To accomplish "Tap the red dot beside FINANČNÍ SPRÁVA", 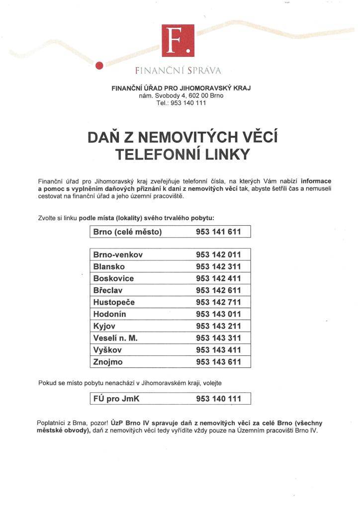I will [x=99, y=65].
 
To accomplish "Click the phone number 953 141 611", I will [x=219, y=232].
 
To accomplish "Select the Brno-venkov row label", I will [x=118, y=255].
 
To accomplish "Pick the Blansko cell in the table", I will [x=109, y=267].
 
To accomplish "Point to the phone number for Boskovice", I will [x=219, y=279].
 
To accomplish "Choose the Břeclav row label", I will [x=108, y=290].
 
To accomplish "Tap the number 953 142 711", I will [x=219, y=302].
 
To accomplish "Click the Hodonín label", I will [x=110, y=314].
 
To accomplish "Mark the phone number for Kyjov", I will [x=219, y=326].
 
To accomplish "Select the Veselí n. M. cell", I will [x=115, y=338].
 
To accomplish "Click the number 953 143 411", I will [x=219, y=350].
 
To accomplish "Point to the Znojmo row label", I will [x=108, y=362].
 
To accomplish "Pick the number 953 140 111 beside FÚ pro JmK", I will [x=219, y=399].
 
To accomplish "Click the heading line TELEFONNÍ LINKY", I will [x=181, y=154].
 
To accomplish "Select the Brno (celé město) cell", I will [x=127, y=232].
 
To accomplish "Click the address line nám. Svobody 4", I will [x=181, y=96].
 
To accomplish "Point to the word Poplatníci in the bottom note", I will [x=53, y=423].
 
